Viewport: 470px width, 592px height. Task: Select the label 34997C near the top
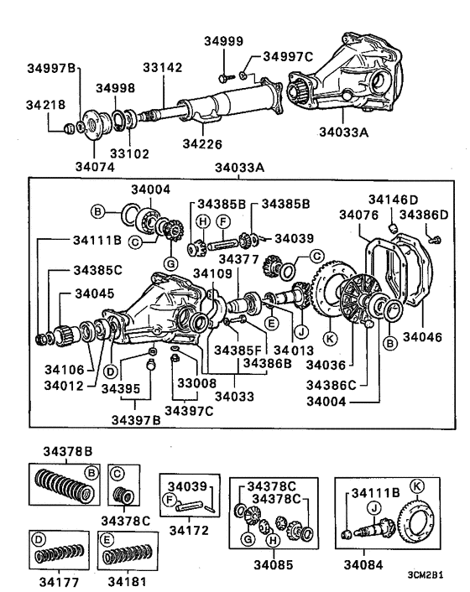point(288,56)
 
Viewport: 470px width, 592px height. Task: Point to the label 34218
point(44,106)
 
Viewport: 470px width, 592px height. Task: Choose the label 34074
point(94,155)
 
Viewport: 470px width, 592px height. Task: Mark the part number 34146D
point(393,199)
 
